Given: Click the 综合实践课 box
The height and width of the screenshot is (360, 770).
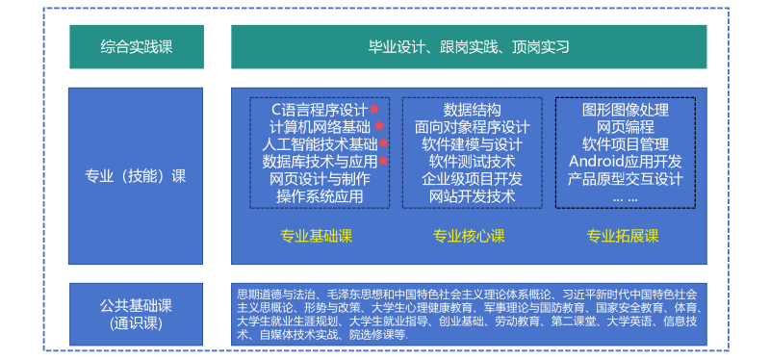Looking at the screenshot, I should coord(139,46).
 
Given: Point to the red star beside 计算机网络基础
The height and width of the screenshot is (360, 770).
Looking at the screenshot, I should coord(379,126).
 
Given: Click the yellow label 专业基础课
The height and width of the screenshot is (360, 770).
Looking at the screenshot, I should coord(316,236).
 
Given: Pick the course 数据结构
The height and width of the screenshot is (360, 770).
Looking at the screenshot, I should coord(472,109).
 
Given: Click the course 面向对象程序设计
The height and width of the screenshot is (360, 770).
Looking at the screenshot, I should coord(472,126).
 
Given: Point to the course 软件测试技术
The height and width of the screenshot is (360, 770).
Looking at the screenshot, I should coord(472,161).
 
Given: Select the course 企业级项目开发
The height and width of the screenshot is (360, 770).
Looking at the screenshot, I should coord(472,178).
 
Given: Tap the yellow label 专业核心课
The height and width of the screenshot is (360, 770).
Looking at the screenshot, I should coord(469,236).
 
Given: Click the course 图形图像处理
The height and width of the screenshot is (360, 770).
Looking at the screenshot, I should coord(626,109).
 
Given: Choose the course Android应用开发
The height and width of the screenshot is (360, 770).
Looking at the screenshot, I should coord(626,161).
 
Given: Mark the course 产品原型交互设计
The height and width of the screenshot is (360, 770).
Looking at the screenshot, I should coord(626,178).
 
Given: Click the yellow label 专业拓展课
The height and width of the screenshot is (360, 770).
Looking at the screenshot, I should coord(623,236).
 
